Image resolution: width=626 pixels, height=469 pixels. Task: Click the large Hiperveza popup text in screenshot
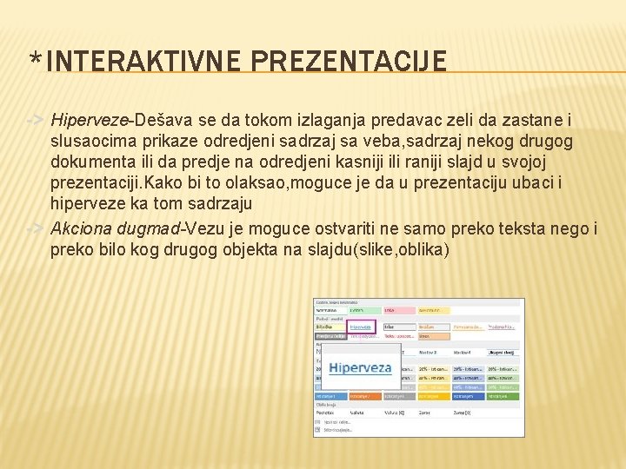coord(360,367)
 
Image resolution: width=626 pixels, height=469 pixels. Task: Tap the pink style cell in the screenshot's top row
coord(399,309)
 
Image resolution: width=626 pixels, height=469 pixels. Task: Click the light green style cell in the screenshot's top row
coord(364,309)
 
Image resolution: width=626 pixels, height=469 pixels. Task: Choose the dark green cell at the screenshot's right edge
coord(503,396)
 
